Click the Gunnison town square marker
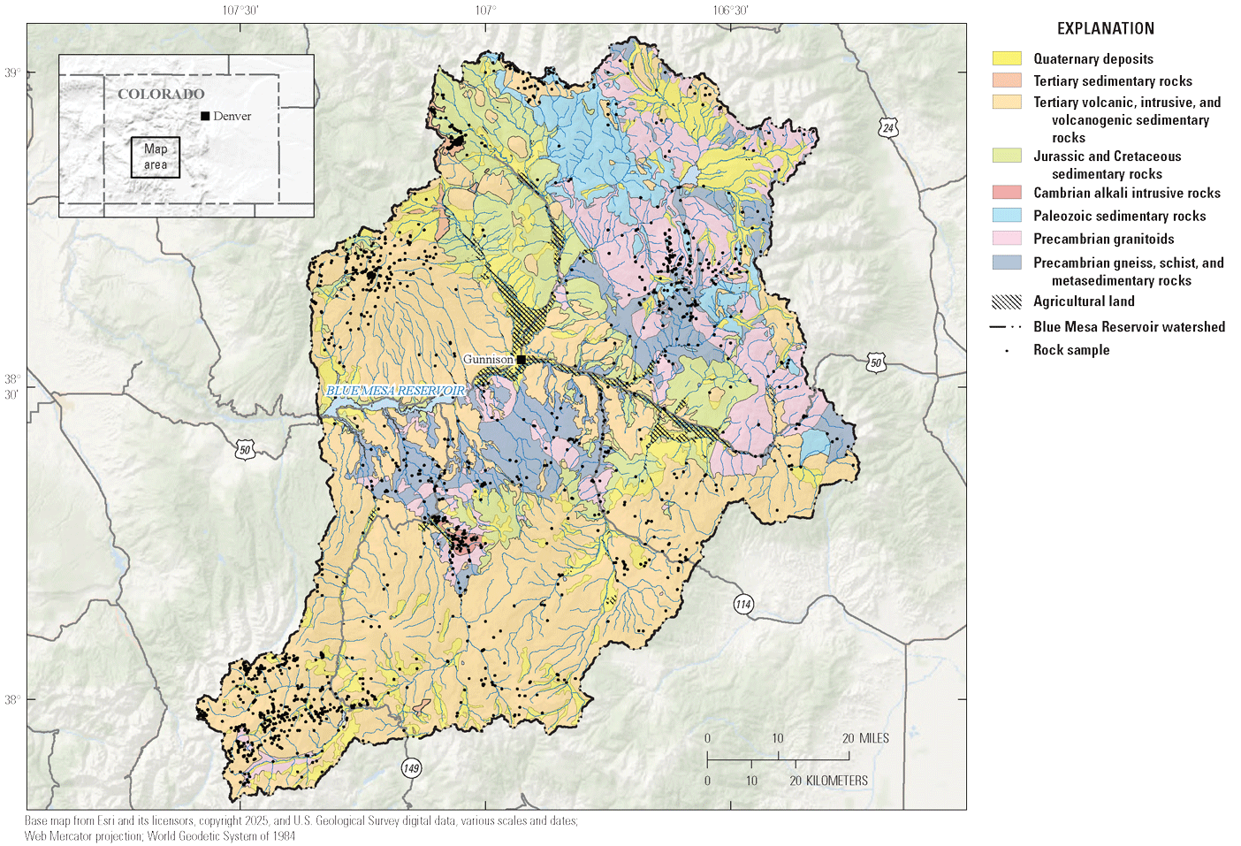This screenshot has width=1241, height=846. coord(522,360)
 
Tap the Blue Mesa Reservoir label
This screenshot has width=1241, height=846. coord(395,391)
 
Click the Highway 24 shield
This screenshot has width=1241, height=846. coord(888,128)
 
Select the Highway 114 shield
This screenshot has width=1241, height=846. coord(743,605)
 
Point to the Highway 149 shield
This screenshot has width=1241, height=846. coord(411,767)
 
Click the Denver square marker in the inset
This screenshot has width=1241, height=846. coord(205,116)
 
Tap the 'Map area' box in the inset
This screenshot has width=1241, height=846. coord(156,157)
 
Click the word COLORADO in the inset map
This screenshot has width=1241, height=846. coord(161,94)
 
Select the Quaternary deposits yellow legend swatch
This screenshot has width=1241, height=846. coord(1007,59)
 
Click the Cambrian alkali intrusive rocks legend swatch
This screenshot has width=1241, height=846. coord(1007,193)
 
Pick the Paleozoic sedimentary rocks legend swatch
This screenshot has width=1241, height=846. coord(1007,216)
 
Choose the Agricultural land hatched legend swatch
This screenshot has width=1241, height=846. coord(1007,301)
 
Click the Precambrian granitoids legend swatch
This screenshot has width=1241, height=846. coord(1007,239)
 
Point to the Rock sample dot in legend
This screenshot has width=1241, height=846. coord(1007,351)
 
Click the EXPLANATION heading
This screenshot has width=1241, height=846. coord(1105,28)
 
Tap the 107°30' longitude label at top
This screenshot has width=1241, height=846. coord(240,11)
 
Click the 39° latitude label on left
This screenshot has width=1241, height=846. coord(11,72)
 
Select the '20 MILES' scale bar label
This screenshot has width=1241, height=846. coord(865,738)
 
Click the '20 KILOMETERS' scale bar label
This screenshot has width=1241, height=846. coord(828,781)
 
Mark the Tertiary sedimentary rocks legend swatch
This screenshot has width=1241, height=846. coord(1007,81)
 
